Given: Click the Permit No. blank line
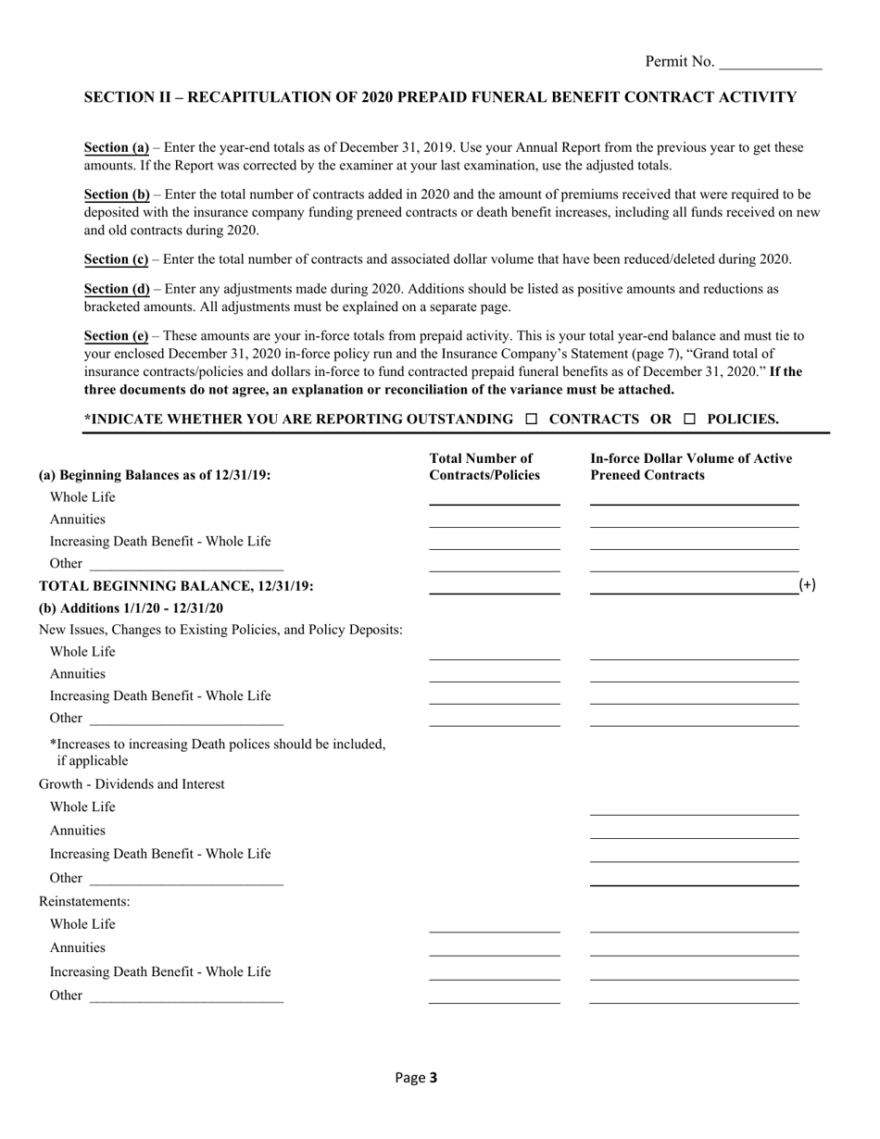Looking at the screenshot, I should [x=770, y=63].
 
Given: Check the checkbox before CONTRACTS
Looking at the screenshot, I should [x=531, y=419].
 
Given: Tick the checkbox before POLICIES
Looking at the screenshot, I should [x=689, y=419].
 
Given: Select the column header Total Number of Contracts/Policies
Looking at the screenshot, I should [x=484, y=467].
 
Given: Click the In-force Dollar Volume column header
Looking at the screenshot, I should [x=691, y=467].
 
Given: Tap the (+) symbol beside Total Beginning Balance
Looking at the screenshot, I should [x=807, y=585].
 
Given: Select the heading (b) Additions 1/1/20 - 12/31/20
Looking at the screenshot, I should [x=131, y=608].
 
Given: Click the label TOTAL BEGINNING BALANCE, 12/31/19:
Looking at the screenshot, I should [x=176, y=586].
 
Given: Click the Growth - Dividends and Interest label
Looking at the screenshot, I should [x=132, y=784].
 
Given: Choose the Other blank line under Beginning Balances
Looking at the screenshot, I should [x=186, y=565].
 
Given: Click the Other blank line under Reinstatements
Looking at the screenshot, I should [x=186, y=996].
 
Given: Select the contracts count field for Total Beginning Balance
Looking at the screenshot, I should [x=495, y=586].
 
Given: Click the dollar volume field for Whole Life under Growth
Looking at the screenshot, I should [x=694, y=807].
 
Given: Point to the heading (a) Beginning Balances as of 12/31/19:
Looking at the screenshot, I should [x=155, y=475].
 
